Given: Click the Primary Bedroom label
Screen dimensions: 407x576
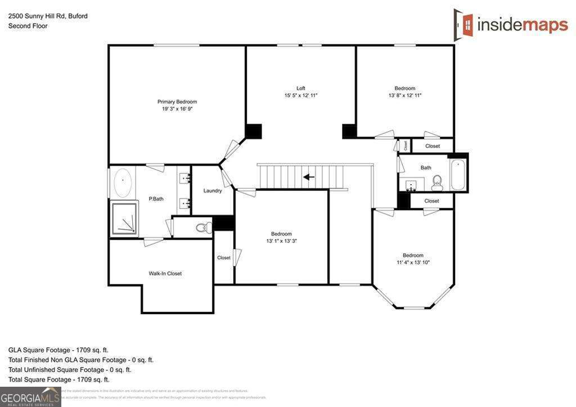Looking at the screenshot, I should (177, 102).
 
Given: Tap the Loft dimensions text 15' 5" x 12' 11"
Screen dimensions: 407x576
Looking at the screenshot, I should (301, 96).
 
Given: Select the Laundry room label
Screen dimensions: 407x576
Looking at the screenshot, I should (213, 191).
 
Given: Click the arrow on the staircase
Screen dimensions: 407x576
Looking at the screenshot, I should (308, 177).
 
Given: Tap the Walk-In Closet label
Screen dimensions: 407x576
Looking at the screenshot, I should (165, 274).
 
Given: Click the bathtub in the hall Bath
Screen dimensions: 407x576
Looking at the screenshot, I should (458, 174).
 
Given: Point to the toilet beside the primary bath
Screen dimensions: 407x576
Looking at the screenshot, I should (203, 228).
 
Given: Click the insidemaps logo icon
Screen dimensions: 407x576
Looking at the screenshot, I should (463, 23).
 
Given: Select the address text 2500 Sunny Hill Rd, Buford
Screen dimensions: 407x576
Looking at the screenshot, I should (48, 16).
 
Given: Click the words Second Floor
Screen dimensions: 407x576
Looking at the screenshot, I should (28, 26).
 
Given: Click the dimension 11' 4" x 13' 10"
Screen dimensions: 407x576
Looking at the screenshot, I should (413, 262).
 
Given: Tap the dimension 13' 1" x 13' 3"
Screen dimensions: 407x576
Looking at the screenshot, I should (281, 241).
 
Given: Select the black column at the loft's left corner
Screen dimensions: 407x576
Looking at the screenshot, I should (254, 131).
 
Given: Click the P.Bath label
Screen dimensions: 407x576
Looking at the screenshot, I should (156, 199).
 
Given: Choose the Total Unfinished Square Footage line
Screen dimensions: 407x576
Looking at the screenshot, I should (70, 370).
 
